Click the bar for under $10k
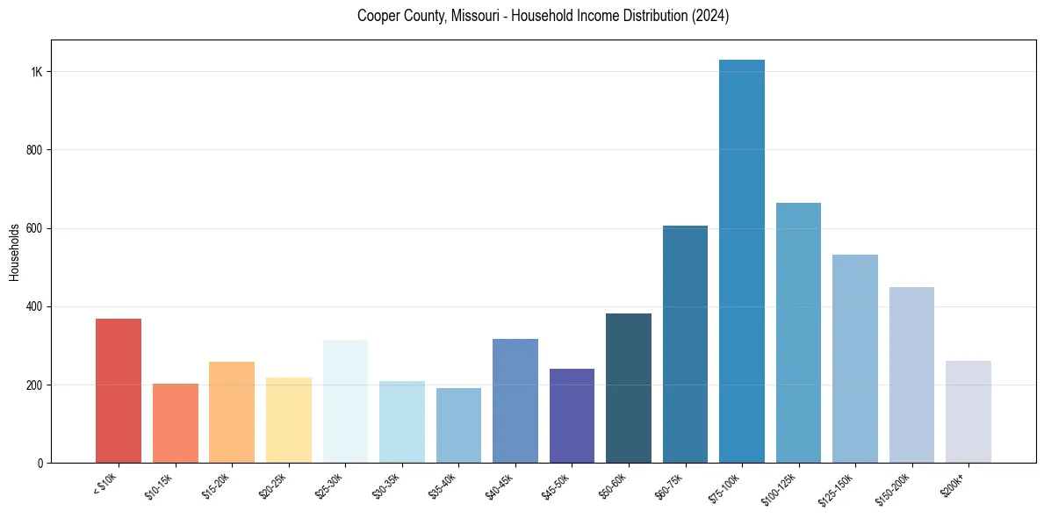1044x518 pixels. pos(119,391)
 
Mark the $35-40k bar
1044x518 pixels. pos(458,425)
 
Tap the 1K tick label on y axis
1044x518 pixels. pos(37,72)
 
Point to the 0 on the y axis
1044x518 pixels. pos(40,463)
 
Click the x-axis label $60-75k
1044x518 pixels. pos(669,486)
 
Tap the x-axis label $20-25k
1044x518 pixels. pos(273,486)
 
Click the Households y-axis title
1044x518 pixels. pos(14,252)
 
